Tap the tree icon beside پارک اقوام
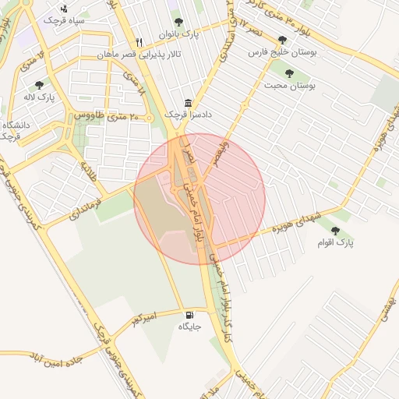pos(336,231)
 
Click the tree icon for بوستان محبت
pos(290,73)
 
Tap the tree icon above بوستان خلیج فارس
pos(281,40)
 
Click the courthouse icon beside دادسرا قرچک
pos(188,103)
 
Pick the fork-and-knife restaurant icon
pos(139,42)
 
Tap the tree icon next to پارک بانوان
pos(178,23)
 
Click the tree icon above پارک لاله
pos(40,84)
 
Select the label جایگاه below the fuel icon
pos(189,327)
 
